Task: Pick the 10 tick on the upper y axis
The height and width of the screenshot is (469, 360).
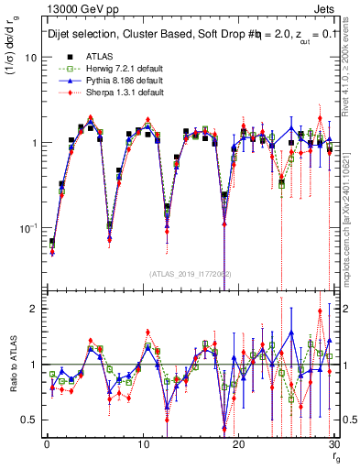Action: (x=31, y=57)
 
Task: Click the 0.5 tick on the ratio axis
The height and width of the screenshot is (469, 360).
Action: (x=29, y=420)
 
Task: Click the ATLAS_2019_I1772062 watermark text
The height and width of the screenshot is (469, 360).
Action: (x=190, y=273)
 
